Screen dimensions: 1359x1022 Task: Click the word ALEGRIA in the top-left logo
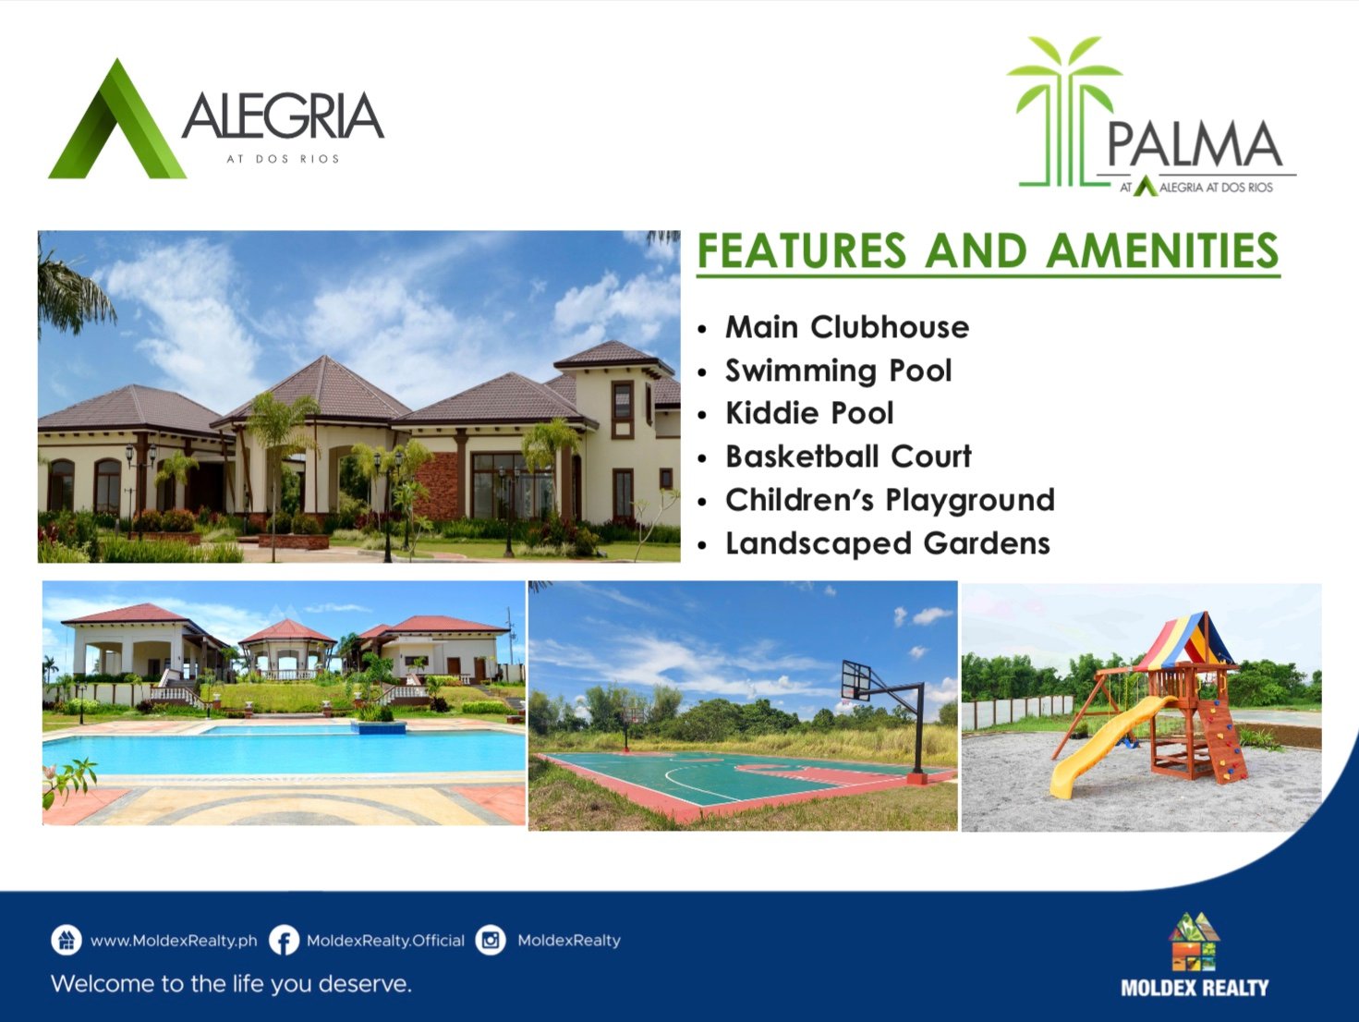click(283, 116)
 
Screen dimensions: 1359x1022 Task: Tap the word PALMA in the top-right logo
click(1195, 144)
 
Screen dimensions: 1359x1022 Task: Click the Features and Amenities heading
click(989, 250)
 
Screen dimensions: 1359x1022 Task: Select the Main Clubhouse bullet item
click(847, 327)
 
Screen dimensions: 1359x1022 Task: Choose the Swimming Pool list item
click(838, 371)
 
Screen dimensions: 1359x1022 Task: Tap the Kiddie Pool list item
click(809, 413)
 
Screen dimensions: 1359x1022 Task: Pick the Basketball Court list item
click(848, 456)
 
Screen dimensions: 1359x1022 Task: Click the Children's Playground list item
click(890, 500)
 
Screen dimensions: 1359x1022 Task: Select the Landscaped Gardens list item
click(888, 543)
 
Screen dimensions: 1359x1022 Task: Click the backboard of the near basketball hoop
click(856, 681)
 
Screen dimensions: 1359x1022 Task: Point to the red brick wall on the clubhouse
click(438, 485)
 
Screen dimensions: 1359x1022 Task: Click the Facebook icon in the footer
click(285, 941)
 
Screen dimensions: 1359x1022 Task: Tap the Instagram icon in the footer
click(491, 941)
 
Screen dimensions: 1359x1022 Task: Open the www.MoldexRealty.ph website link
click(174, 941)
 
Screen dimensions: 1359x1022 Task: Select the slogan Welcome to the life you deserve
click(231, 983)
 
